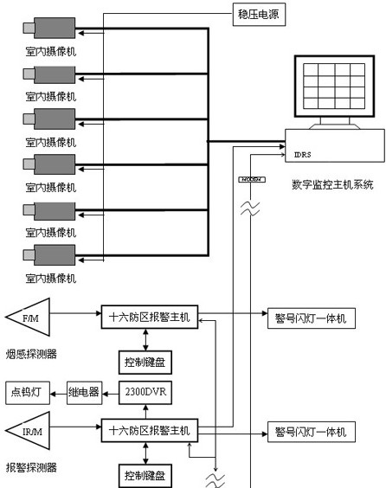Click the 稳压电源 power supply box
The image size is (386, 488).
pos(257,14)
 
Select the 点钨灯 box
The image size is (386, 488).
pos(29,393)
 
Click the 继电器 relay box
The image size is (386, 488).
pos(84,393)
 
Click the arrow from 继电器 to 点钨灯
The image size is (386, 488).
pos(60,393)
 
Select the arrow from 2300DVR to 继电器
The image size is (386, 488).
pos(108,393)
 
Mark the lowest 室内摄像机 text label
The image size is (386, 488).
pos(50,278)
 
